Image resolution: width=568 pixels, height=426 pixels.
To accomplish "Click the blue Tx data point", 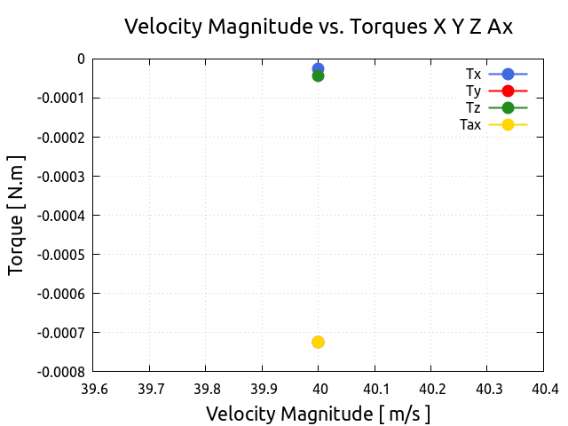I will coord(318,67).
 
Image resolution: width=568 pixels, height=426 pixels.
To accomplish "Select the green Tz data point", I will coord(318,76).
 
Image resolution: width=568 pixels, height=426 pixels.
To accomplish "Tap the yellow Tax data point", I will coord(318,342).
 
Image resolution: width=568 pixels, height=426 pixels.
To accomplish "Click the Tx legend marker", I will coord(508,74).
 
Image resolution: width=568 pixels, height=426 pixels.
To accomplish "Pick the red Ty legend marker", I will coord(508,91).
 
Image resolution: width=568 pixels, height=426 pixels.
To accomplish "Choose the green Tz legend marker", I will coord(508,107).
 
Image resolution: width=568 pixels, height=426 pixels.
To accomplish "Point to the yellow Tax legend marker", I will coord(508,124).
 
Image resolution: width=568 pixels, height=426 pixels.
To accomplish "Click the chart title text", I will coord(319,27).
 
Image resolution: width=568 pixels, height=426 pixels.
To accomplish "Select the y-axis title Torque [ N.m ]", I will coord(17,215).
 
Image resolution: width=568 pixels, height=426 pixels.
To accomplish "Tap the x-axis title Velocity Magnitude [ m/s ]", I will coord(318,414).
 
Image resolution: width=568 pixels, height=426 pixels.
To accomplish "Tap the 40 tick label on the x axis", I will coord(319,389).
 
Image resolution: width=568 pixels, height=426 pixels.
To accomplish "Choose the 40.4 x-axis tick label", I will coord(543,389).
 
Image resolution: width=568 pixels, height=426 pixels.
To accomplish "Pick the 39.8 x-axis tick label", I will coord(206,389).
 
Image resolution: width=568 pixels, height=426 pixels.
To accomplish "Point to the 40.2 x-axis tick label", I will coord(431,389).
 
